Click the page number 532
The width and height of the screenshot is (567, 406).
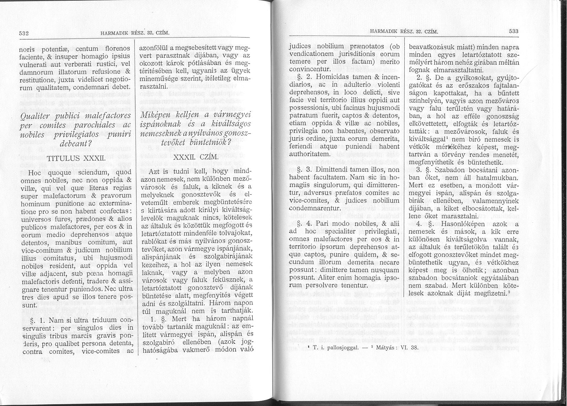tap(24, 33)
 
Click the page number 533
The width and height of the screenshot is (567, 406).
tap(514, 31)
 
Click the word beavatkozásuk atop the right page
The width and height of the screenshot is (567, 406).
tap(431, 46)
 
